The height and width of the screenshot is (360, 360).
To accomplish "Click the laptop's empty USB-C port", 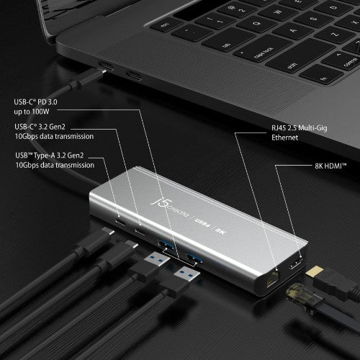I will pos(134,75).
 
